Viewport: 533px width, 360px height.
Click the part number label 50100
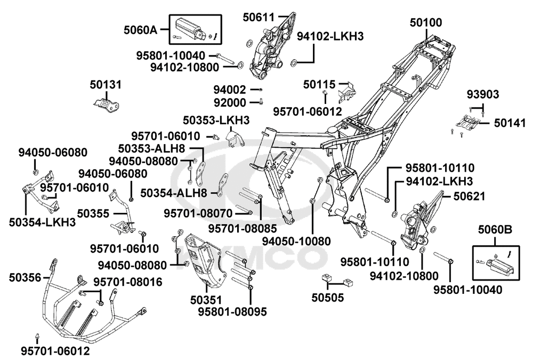(425, 22)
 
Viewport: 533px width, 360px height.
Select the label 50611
(259, 17)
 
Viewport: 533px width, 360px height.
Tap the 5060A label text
(140, 30)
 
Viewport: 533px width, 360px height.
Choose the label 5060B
(495, 230)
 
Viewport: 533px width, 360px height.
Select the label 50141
(510, 123)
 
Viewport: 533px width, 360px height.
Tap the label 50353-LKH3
(216, 121)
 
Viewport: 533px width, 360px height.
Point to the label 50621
(469, 196)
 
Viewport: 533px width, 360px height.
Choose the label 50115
(319, 84)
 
